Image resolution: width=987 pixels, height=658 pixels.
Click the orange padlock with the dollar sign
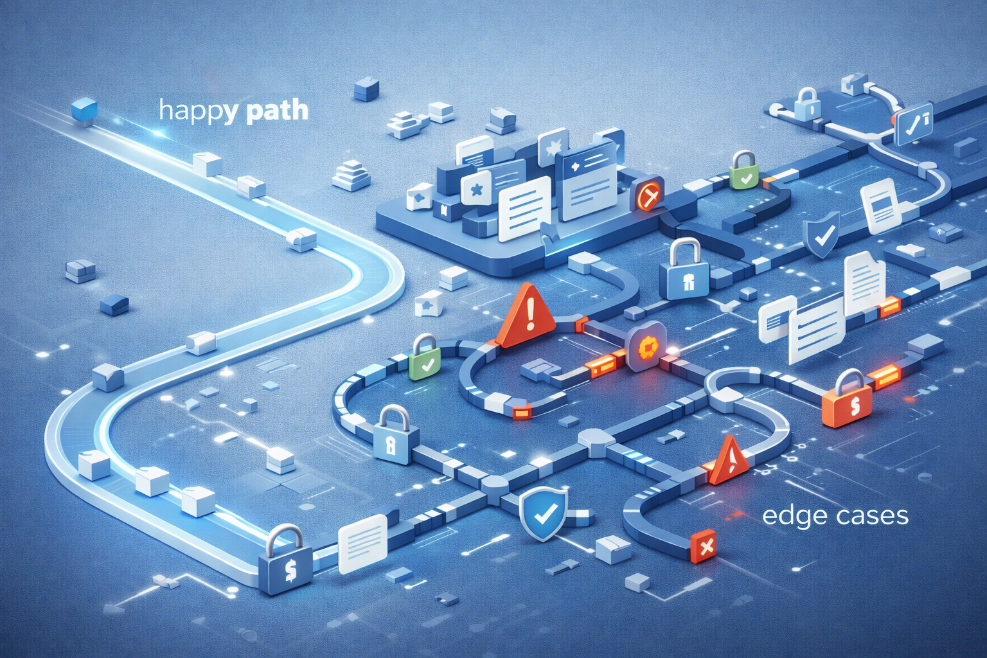tap(847, 401)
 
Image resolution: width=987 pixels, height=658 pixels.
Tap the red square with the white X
tap(705, 546)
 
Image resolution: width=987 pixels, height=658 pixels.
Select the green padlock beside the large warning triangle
tap(425, 357)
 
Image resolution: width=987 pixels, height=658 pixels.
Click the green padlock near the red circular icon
tap(743, 170)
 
